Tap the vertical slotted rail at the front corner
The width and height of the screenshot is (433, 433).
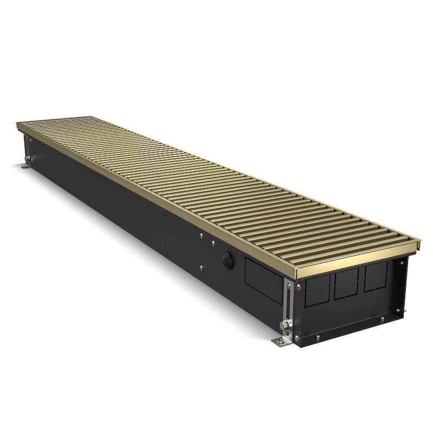pos(291,306)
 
